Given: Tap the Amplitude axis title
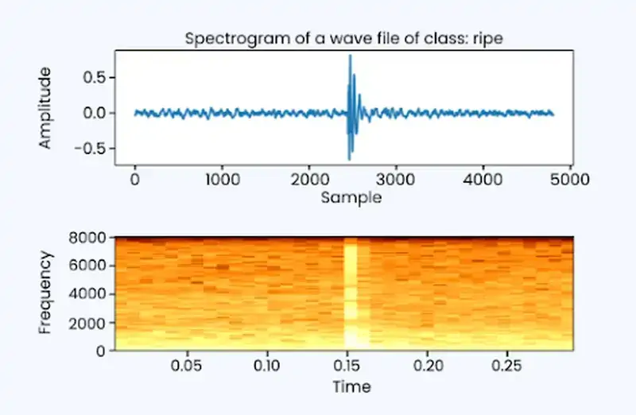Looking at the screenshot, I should [x=45, y=109].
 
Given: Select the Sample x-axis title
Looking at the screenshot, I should [x=351, y=198].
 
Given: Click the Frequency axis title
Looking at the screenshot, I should [x=45, y=293].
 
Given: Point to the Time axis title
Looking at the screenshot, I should [x=351, y=386].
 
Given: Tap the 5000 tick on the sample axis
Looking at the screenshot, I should [x=569, y=180].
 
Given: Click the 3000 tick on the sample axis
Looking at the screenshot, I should [x=396, y=180].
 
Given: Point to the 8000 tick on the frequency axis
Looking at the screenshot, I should [x=89, y=238].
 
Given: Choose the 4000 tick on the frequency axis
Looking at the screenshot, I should [x=89, y=294].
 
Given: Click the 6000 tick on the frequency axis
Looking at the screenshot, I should [x=89, y=266].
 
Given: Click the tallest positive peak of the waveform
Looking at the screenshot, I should [x=350, y=67].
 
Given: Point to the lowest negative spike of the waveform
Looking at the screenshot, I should [x=348, y=159].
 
